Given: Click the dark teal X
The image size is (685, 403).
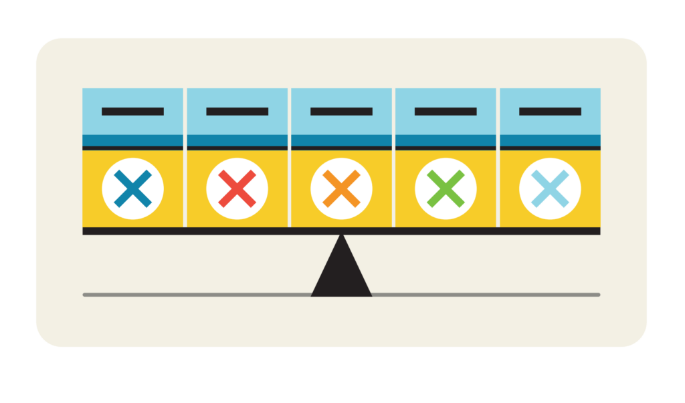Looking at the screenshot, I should (x=132, y=188).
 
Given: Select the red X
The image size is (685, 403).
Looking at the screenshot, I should (x=237, y=188).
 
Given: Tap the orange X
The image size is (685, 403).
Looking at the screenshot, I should (x=341, y=188).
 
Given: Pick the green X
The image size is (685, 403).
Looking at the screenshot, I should (x=446, y=188).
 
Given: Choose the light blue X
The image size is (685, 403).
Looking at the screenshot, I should (x=550, y=188).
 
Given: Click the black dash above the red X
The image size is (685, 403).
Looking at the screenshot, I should (x=237, y=112).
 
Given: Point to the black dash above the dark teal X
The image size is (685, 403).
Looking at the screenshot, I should (x=132, y=112).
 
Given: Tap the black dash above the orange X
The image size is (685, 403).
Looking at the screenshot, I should (x=341, y=112).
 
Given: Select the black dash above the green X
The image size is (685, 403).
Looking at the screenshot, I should (x=446, y=112).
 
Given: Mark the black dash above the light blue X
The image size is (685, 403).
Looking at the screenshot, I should (x=550, y=112).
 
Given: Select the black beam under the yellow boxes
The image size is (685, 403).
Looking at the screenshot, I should (x=201, y=231).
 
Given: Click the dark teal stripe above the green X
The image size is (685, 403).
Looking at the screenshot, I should (x=446, y=140).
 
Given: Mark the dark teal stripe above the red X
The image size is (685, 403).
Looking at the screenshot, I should (x=237, y=140).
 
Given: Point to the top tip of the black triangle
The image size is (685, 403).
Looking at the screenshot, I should (x=341, y=237).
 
